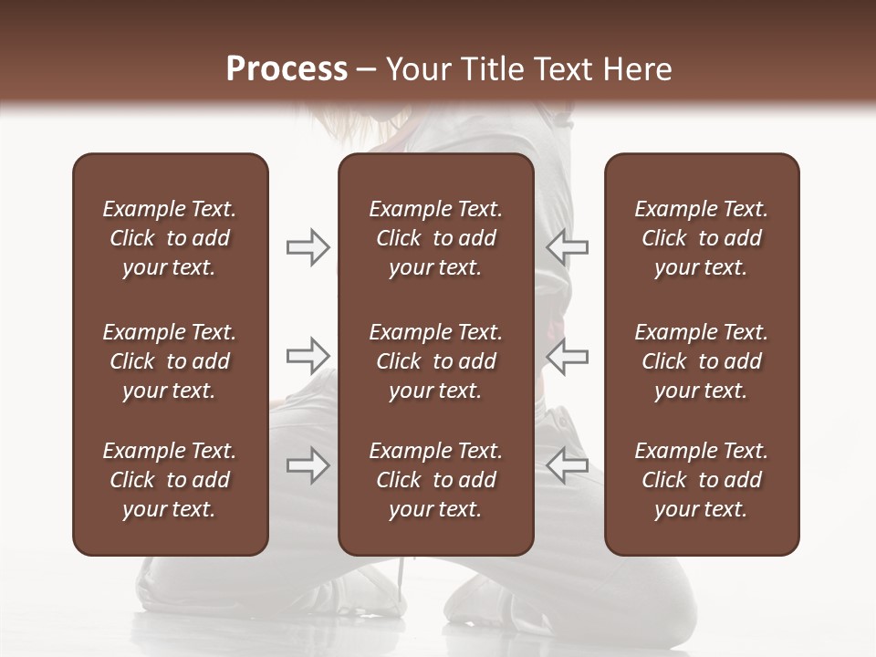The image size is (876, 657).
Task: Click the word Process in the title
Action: tap(287, 69)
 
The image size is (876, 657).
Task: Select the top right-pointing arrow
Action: tap(308, 247)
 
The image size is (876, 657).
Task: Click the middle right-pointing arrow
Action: tap(308, 356)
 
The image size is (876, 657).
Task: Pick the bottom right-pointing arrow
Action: tap(308, 465)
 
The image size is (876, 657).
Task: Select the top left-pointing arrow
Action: tap(567, 247)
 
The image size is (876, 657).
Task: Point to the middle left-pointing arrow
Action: tap(567, 356)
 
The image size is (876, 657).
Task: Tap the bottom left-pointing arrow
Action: tap(567, 465)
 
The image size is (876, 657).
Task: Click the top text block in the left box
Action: tap(170, 238)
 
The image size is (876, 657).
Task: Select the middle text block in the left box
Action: tap(170, 361)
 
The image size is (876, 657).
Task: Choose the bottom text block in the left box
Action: tap(170, 480)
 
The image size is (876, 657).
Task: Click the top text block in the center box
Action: tap(435, 238)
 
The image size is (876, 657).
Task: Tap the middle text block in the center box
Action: tap(435, 361)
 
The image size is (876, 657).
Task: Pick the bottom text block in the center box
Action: tap(435, 480)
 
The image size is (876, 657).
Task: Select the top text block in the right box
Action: tap(701, 238)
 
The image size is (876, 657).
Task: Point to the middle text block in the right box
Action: tap(701, 361)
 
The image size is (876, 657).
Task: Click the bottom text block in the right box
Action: tap(701, 480)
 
